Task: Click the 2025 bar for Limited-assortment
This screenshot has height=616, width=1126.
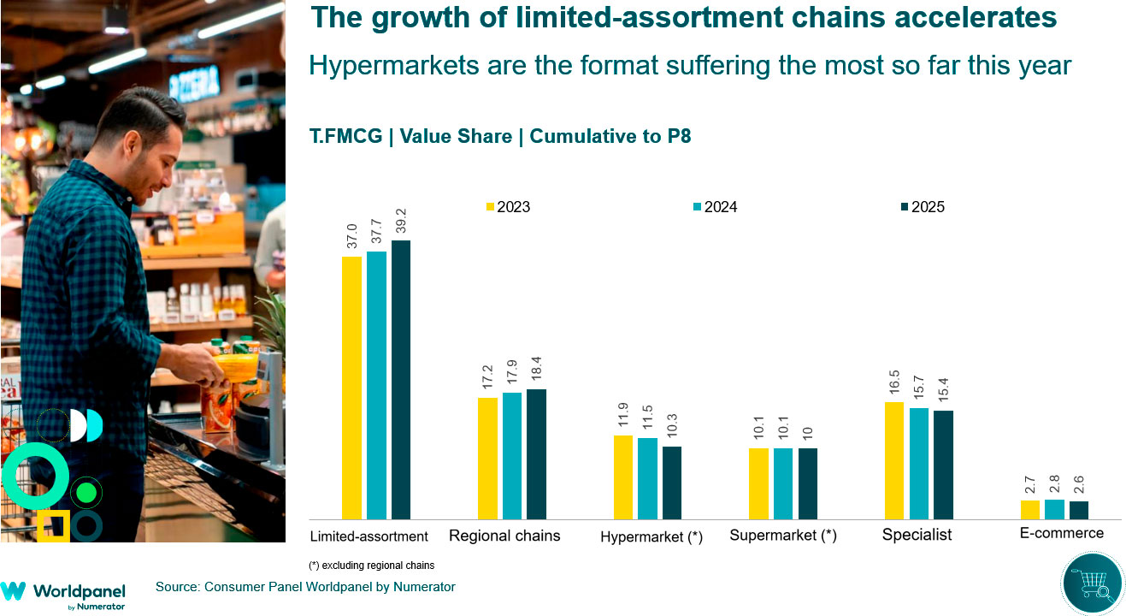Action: click(x=401, y=380)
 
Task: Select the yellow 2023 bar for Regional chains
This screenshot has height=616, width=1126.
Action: click(x=487, y=459)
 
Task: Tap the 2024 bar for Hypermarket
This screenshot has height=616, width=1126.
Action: click(x=648, y=478)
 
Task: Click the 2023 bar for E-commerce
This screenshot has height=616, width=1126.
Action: click(x=1029, y=510)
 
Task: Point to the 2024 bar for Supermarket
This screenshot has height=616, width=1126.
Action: click(x=783, y=483)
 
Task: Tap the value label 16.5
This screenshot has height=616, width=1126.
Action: click(x=894, y=383)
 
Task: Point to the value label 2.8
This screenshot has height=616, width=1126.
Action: click(x=1054, y=481)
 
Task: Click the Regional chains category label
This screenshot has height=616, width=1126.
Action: click(x=504, y=536)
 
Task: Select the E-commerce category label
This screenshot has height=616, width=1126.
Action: click(x=1061, y=533)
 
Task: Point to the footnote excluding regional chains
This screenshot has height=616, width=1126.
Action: click(x=371, y=566)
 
